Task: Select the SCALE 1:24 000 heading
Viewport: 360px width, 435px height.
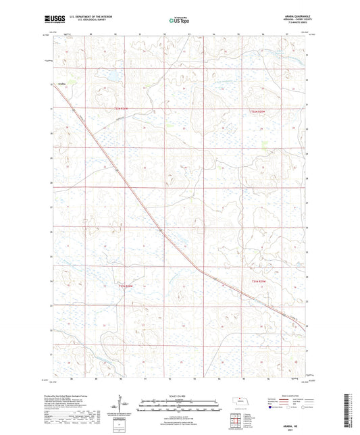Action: tap(180, 396)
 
